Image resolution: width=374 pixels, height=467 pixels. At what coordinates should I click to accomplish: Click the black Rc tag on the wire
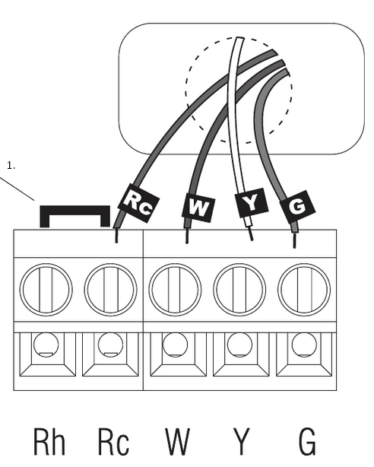(139, 203)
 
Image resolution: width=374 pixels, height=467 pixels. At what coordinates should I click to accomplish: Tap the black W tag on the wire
(198, 208)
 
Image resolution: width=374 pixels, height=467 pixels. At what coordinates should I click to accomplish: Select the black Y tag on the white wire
(252, 202)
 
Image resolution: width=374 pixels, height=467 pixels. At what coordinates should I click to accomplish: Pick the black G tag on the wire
(297, 207)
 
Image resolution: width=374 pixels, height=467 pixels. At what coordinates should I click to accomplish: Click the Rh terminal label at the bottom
(49, 442)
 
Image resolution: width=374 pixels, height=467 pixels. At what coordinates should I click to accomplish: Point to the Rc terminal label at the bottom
(113, 442)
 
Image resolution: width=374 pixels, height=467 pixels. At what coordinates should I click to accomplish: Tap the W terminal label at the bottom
(177, 442)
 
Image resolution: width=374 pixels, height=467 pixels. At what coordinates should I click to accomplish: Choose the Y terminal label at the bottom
(241, 442)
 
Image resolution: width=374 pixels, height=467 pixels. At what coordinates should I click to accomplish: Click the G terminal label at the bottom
(306, 442)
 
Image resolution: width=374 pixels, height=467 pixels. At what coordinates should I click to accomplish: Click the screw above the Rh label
(46, 290)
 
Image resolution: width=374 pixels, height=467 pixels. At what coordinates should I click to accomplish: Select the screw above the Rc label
(111, 290)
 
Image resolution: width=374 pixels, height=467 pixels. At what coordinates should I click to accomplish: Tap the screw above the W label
(175, 290)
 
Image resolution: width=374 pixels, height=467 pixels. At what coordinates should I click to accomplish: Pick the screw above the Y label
(239, 290)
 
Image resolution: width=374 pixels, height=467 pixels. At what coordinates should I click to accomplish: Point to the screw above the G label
(304, 290)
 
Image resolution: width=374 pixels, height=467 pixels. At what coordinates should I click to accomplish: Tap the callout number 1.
(11, 166)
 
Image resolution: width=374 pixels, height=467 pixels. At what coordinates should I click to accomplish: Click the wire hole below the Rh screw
(46, 345)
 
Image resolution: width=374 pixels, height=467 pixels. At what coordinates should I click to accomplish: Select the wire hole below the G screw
(304, 345)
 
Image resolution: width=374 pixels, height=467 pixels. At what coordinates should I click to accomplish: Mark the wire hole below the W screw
(175, 345)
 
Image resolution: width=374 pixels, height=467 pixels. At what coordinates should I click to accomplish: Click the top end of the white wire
(240, 38)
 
